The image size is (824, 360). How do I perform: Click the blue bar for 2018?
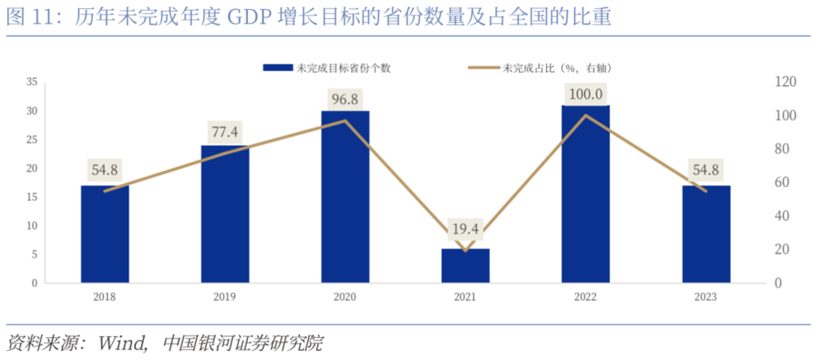tap(105, 234)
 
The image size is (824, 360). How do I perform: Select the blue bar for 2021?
tap(466, 265)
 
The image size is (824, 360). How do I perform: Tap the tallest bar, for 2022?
tap(586, 194)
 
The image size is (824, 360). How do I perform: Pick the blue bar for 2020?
tap(345, 197)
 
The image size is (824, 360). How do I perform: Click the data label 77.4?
tap(225, 131)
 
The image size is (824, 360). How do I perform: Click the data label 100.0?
tap(586, 94)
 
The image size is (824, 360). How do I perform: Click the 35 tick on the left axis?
tap(32, 82)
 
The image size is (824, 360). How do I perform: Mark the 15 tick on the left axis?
tap(32, 197)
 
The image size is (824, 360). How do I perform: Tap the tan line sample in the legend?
tap(484, 68)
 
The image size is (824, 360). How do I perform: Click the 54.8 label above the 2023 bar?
tap(706, 171)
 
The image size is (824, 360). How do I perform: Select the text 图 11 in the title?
tap(31, 17)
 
